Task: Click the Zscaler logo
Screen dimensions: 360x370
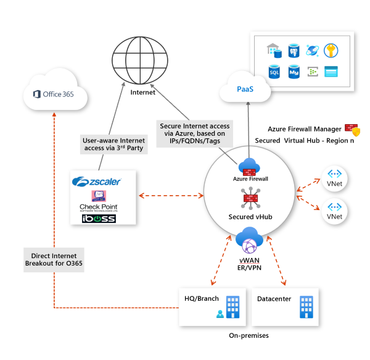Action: click(x=97, y=182)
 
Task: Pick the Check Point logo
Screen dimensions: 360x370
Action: click(x=98, y=201)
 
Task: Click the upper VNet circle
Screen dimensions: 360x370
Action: click(x=334, y=178)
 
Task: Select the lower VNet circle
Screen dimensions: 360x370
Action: click(x=334, y=211)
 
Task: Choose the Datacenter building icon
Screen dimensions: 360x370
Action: click(x=306, y=306)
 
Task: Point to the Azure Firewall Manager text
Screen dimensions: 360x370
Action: click(x=305, y=129)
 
